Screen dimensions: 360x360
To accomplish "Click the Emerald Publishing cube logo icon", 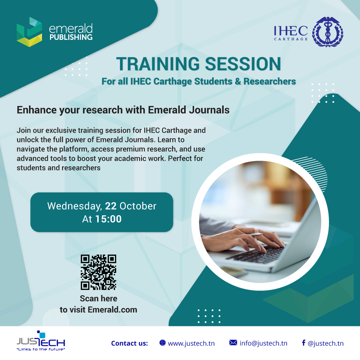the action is click(x=29, y=32).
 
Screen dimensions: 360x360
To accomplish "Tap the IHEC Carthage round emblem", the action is click(x=328, y=32).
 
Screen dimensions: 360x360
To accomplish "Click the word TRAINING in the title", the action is click(x=158, y=64).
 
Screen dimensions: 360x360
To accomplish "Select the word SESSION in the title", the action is click(x=243, y=64).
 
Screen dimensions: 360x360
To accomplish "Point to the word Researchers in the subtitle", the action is click(x=270, y=81).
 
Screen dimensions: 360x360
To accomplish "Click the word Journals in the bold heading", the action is click(x=209, y=110).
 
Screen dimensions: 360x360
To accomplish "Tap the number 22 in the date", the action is click(x=111, y=206).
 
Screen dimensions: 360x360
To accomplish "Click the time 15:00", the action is click(x=108, y=219).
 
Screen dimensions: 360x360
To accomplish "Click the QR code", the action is click(x=98, y=272).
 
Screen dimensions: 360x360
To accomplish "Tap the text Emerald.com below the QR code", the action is click(x=113, y=310).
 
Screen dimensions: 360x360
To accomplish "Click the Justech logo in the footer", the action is click(x=41, y=341).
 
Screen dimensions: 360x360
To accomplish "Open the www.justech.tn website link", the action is click(x=191, y=343).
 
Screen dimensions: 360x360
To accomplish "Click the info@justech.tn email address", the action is click(x=263, y=343).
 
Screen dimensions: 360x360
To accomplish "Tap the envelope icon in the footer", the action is click(x=233, y=343).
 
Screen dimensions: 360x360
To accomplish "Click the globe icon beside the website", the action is click(x=162, y=343).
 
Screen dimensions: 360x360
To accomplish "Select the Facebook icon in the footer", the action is click(x=304, y=343).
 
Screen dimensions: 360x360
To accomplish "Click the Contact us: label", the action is click(x=129, y=343).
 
